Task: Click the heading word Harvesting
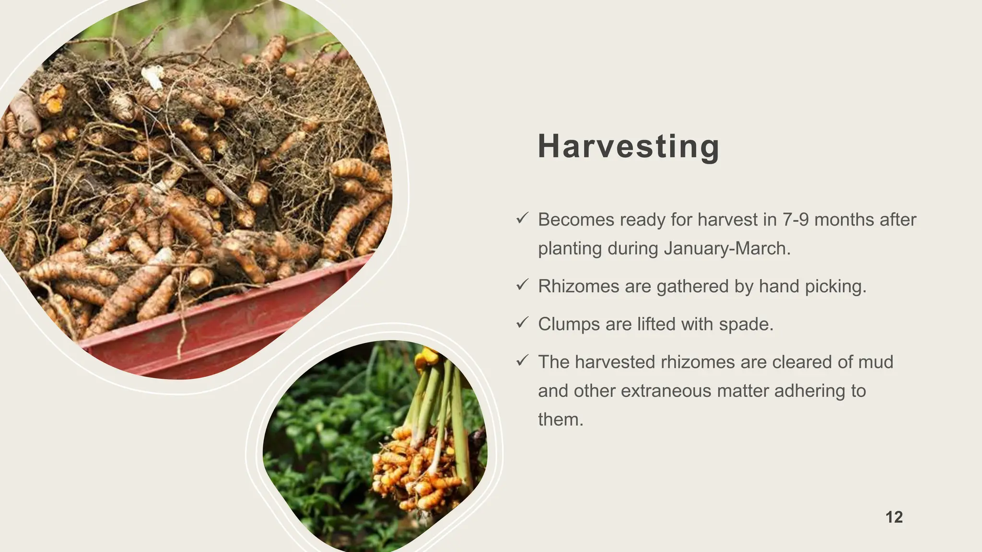click(628, 146)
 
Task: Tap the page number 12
click(894, 517)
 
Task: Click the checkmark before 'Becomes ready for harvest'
click(522, 218)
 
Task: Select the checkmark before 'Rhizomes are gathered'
click(522, 285)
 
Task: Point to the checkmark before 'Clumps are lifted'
click(522, 323)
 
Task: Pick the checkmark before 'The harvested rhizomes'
click(522, 361)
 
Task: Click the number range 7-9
click(795, 219)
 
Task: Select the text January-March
click(727, 248)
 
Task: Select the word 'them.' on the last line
click(561, 419)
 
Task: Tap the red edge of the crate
click(230, 326)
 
